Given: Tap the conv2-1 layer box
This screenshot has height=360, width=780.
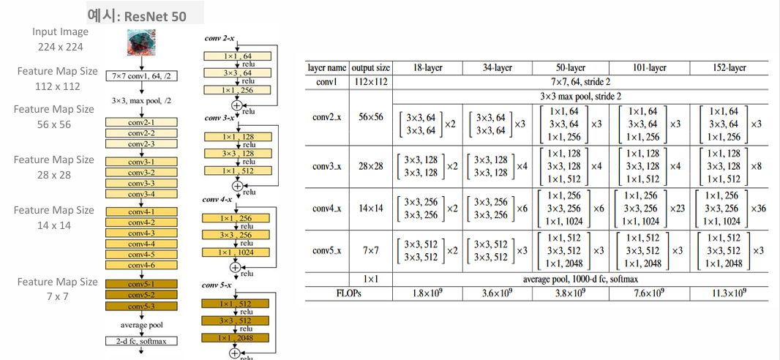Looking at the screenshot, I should (141, 123).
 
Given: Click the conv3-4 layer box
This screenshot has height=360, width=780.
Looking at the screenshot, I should (141, 194).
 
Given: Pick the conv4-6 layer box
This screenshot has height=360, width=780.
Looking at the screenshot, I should (141, 265).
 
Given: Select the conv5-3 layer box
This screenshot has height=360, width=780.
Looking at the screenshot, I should (141, 305).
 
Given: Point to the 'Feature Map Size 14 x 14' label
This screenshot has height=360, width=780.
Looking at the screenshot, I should (54, 217).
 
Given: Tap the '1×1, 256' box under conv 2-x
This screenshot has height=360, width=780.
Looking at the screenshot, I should (237, 89).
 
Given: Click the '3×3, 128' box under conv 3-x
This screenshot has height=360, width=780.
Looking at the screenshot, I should (237, 154).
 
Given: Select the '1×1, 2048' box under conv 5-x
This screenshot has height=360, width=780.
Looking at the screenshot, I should (237, 338).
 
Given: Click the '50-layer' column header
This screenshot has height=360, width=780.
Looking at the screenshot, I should (571, 67).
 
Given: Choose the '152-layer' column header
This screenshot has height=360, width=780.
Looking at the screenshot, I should (728, 67).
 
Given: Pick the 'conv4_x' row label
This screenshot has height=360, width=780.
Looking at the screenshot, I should (327, 208).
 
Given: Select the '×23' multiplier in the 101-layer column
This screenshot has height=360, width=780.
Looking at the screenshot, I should (679, 209).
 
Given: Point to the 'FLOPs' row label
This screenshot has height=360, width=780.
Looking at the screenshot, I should (327, 293).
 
